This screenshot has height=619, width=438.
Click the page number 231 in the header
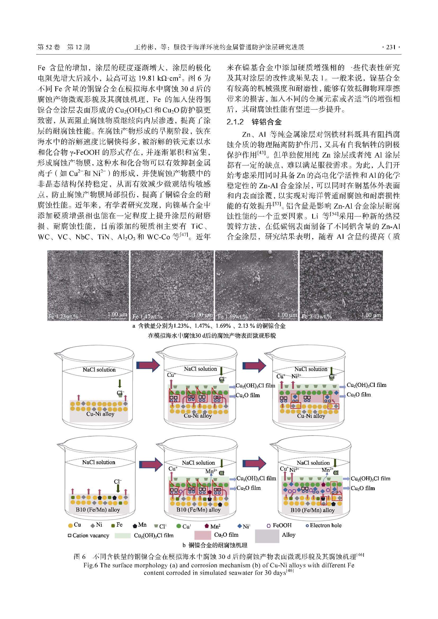[391, 47]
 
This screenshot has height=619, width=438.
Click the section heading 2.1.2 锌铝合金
[254, 122]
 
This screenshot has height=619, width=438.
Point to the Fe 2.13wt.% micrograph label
[317, 317]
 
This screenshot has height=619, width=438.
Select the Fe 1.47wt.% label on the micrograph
[148, 317]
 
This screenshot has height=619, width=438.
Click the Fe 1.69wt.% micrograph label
[233, 317]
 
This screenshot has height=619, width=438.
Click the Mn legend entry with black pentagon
[140, 525]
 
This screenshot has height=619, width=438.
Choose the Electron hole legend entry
[323, 525]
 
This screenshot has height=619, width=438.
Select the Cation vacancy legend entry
[88, 535]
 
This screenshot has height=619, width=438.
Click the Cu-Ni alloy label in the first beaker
[100, 414]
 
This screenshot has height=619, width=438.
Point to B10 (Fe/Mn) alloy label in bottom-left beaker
[98, 509]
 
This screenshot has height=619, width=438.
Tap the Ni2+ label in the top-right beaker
[296, 376]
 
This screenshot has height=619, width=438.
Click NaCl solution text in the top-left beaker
[99, 370]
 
